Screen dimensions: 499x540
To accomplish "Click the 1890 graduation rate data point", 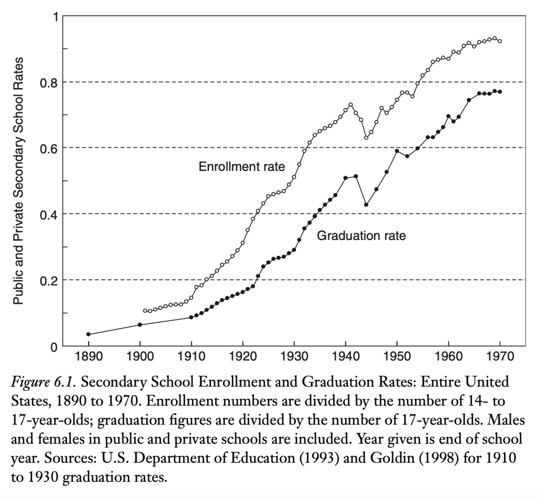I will [88, 334].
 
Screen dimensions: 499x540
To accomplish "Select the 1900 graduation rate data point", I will [140, 324].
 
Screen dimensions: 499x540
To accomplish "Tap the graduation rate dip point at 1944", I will [366, 205].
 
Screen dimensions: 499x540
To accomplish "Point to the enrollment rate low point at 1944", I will [366, 138].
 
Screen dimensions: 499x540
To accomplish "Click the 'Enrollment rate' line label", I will [242, 167].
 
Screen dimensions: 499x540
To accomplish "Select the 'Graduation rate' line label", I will [361, 236].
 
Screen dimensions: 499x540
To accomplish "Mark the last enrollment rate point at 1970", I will [500, 41].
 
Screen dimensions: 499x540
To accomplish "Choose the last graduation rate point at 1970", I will [500, 92].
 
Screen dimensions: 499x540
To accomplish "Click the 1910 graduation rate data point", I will [191, 317].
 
